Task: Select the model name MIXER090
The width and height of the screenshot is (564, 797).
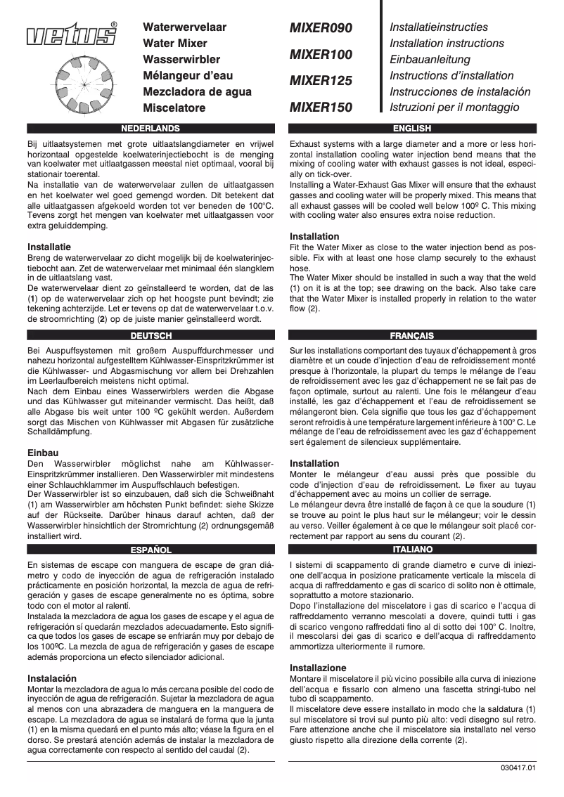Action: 320,28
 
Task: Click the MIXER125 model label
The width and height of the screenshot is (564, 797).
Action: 320,82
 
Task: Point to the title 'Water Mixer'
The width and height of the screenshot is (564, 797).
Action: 175,44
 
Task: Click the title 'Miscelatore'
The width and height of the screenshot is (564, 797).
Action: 174,108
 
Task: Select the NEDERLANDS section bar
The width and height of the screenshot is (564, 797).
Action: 150,129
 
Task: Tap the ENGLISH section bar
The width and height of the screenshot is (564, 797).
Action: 412,129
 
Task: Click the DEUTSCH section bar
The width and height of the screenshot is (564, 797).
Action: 150,335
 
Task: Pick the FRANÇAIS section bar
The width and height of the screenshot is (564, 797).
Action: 412,335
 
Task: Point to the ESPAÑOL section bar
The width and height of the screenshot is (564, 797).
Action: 150,548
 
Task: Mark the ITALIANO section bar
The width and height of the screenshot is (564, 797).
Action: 412,548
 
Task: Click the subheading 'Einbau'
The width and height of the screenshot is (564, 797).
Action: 42,453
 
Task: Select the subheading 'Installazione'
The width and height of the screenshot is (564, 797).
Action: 318,667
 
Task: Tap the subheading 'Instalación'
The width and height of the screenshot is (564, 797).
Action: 52,678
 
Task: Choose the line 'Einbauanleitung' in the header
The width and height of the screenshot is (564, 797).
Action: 429,60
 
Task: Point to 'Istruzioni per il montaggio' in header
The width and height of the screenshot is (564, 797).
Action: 454,108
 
